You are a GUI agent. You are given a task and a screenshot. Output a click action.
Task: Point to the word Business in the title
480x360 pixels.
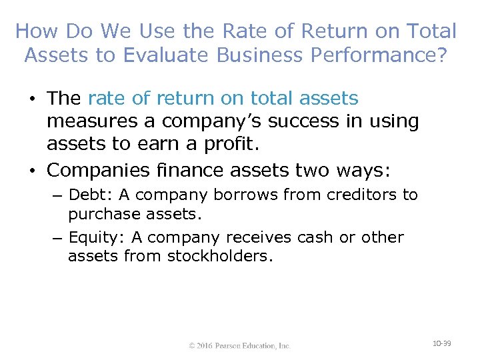pos(260,55)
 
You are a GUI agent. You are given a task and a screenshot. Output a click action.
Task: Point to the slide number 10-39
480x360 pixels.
pos(441,343)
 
